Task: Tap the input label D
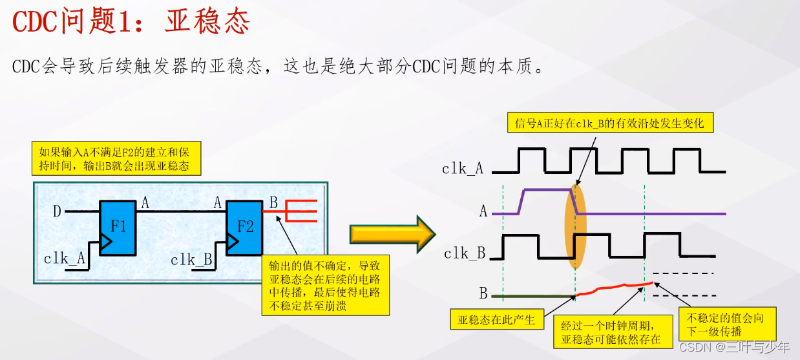click(58, 211)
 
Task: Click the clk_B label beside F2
click(191, 260)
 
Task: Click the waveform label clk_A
click(463, 169)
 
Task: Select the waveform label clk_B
click(465, 253)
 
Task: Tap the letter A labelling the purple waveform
click(483, 211)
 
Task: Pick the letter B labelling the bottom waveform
click(483, 294)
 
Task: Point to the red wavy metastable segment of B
click(614, 288)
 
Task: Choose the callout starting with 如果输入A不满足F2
click(116, 158)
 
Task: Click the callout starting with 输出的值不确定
click(325, 285)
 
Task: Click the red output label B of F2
click(273, 202)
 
